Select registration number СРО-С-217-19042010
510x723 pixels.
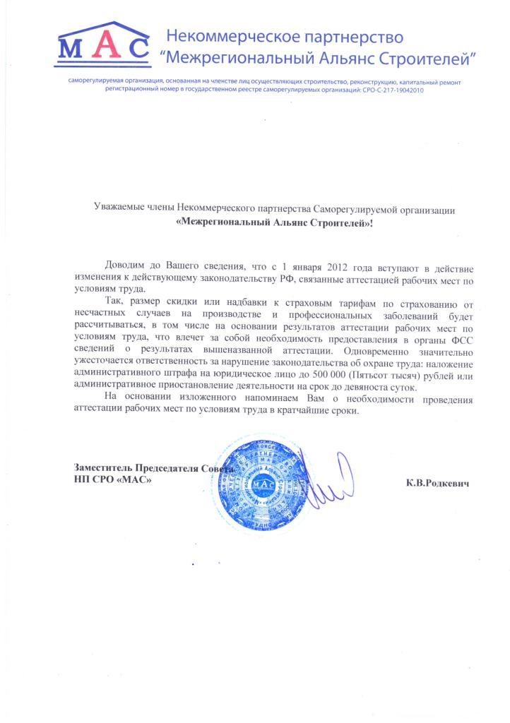pos(393,91)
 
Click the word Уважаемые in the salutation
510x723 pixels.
pos(119,208)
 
